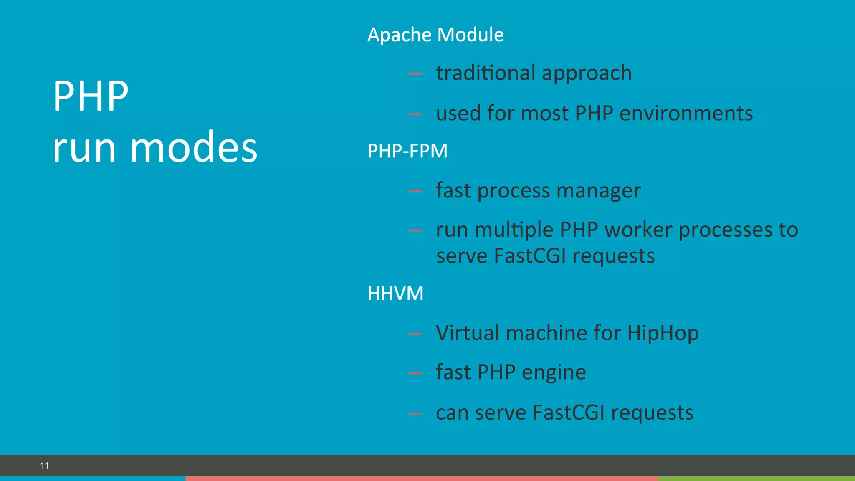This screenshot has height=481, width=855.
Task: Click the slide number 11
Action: [x=45, y=466]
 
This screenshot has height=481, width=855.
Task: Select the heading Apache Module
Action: [x=435, y=35]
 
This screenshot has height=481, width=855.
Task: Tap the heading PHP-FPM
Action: [x=407, y=151]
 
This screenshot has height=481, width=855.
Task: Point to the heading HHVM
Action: [x=395, y=294]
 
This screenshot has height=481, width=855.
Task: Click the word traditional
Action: [x=486, y=73]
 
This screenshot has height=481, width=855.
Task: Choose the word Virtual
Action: [x=468, y=333]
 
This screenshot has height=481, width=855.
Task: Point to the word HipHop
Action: [x=663, y=334]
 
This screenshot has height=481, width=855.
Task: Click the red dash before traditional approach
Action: [x=415, y=74]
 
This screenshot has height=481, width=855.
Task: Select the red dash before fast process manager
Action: [x=415, y=192]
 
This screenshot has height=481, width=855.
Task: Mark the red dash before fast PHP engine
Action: [x=415, y=373]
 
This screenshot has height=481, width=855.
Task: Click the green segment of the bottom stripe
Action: [x=756, y=478]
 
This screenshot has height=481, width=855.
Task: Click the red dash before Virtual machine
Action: [x=415, y=334]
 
